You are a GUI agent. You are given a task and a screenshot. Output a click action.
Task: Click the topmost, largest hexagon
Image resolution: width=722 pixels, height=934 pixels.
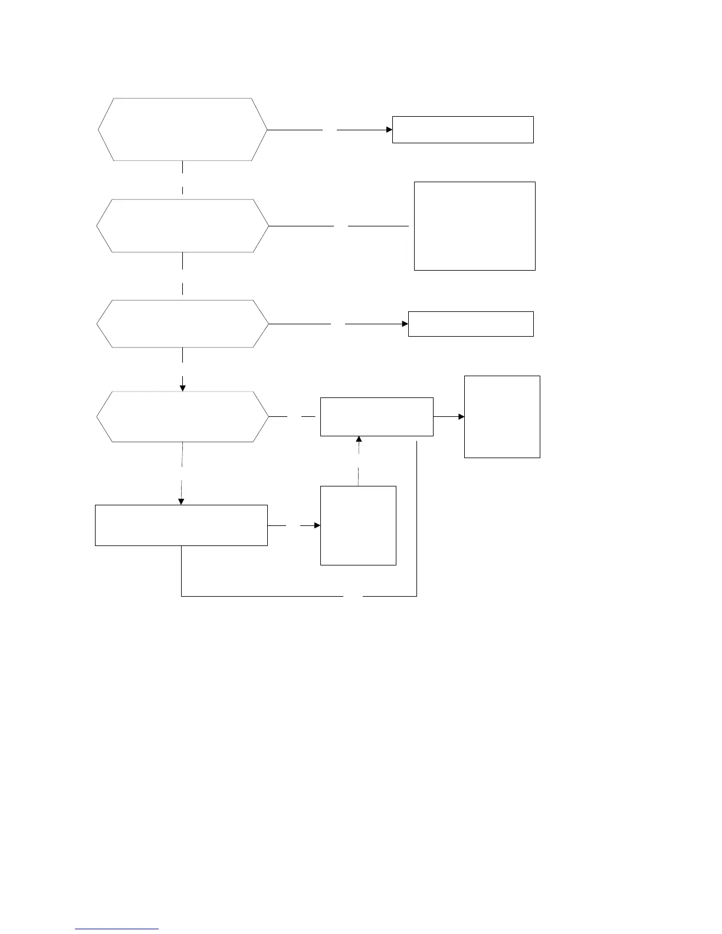pyautogui.click(x=182, y=129)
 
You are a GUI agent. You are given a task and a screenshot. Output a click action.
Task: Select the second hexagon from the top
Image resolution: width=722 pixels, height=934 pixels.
pyautogui.click(x=182, y=226)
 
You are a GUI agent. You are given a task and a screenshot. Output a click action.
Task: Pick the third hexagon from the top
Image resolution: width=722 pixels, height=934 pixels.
pyautogui.click(x=182, y=324)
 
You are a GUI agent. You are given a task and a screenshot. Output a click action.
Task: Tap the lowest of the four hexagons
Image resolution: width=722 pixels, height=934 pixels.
pyautogui.click(x=182, y=416)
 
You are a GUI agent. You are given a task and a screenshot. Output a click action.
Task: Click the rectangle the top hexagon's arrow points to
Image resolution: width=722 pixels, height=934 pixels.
pyautogui.click(x=463, y=129)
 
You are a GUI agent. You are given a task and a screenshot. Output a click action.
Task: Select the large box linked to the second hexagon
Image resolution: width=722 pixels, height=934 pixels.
pyautogui.click(x=475, y=226)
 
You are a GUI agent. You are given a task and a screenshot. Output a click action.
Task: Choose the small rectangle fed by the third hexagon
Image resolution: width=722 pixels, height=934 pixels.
pyautogui.click(x=471, y=324)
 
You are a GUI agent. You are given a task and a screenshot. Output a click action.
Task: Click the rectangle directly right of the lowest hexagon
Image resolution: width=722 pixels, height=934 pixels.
pyautogui.click(x=376, y=416)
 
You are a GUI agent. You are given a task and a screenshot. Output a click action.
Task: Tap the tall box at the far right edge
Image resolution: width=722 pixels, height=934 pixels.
pyautogui.click(x=502, y=416)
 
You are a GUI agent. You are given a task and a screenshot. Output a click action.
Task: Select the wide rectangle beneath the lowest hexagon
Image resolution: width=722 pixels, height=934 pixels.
pyautogui.click(x=181, y=525)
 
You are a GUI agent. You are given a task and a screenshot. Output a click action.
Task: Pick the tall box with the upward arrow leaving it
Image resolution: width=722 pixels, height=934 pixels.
pyautogui.click(x=358, y=525)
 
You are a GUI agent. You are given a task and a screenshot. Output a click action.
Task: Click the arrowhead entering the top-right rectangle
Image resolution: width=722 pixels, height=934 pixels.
pyautogui.click(x=389, y=129)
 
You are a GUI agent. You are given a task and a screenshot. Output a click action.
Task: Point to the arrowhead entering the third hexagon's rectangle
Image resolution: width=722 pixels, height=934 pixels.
pyautogui.click(x=405, y=324)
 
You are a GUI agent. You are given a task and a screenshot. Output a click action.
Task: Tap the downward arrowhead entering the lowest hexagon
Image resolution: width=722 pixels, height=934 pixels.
pyautogui.click(x=182, y=387)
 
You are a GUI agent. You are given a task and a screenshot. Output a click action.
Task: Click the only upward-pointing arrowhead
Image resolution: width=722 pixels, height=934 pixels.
pyautogui.click(x=359, y=440)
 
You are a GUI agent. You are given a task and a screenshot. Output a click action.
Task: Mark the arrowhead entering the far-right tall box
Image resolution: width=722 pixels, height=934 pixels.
pyautogui.click(x=461, y=416)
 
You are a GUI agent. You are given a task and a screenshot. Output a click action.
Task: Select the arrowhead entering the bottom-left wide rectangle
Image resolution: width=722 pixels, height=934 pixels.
pyautogui.click(x=181, y=501)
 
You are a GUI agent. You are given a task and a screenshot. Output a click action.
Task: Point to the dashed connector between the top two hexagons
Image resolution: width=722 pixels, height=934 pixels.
pyautogui.click(x=182, y=179)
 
